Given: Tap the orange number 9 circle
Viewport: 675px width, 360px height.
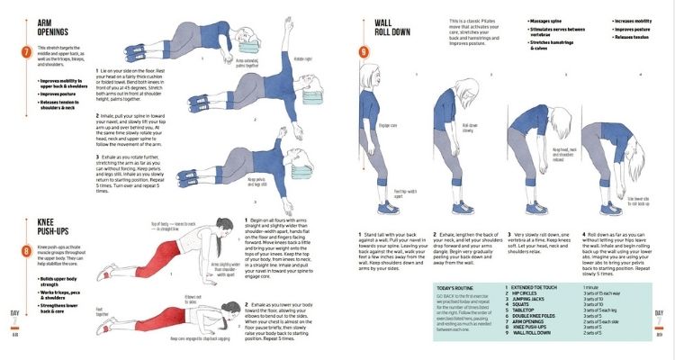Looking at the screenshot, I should click(x=363, y=51).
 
